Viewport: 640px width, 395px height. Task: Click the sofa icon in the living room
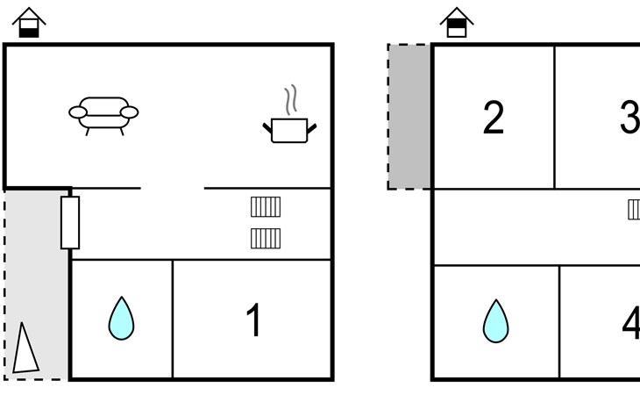click(103, 114)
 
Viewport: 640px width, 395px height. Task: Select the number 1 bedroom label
click(253, 320)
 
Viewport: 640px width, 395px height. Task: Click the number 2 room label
click(494, 118)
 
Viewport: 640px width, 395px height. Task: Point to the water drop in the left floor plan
click(122, 319)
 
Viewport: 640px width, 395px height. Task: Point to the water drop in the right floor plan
click(495, 321)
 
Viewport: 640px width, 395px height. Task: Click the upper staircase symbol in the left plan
click(266, 207)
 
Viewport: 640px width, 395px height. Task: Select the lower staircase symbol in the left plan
click(266, 238)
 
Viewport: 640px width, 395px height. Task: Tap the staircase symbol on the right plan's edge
click(634, 210)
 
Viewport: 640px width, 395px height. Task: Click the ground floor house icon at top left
click(30, 23)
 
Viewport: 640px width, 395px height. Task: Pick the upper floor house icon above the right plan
click(456, 23)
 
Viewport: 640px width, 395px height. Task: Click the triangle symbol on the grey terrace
click(25, 348)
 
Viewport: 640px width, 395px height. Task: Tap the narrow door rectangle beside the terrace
click(70, 222)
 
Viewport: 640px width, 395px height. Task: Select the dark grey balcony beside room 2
click(409, 116)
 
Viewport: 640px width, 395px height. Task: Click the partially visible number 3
click(629, 118)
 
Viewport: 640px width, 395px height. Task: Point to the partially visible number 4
click(631, 323)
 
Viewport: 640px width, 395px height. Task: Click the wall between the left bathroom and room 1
click(173, 320)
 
